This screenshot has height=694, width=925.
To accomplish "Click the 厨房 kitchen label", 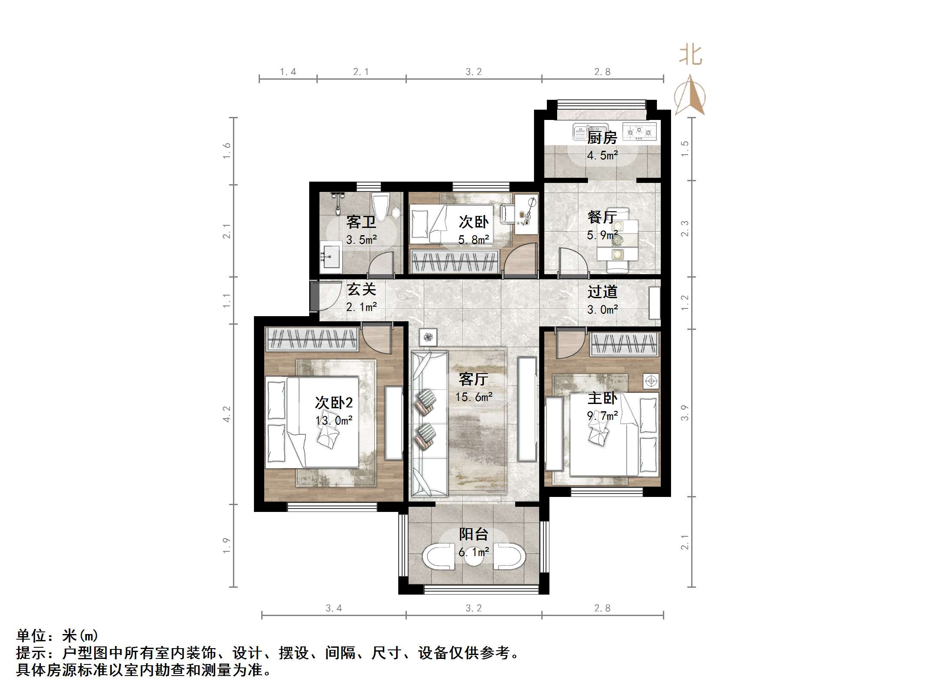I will [602, 138].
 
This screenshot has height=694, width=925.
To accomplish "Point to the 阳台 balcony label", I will [473, 534].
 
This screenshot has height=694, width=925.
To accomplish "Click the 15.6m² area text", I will [473, 397].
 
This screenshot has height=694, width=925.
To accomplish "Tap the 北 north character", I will [690, 56].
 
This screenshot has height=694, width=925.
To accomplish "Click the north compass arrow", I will [689, 95].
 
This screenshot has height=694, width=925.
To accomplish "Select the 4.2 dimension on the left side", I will [227, 414].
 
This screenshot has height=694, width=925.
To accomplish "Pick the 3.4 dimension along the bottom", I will [334, 608].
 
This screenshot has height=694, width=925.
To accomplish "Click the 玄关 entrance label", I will [361, 290].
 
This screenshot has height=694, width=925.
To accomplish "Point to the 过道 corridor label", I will [602, 292].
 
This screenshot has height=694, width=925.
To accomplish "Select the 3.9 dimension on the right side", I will [685, 413].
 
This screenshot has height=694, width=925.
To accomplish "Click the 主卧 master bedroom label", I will [602, 398].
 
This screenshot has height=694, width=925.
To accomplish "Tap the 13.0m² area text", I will [334, 421].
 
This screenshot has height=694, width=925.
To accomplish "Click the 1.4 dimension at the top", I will [288, 72].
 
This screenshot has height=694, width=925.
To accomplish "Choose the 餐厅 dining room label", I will [602, 217].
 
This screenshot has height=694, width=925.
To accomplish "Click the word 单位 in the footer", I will [31, 635].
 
